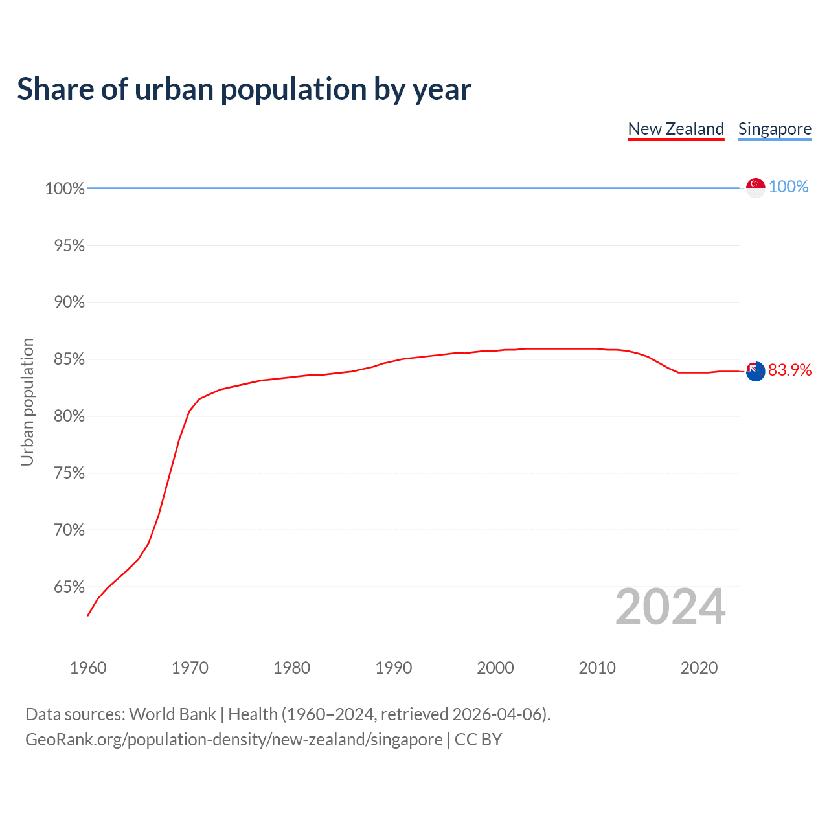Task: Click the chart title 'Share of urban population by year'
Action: coord(244,89)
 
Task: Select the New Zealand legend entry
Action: coord(676,129)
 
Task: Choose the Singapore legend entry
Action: coord(775,129)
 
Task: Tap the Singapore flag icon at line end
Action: coord(755,187)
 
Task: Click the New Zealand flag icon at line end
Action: coord(755,371)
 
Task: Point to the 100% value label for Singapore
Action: coord(788,187)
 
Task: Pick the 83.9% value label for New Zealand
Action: coord(789,370)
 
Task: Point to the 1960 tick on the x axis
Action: coord(88,668)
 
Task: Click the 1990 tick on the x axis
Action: coord(394,668)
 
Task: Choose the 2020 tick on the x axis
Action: coord(699,668)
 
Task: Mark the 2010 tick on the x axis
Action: coord(597,668)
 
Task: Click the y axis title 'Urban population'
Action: coord(27,402)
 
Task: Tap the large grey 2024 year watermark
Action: coord(670,608)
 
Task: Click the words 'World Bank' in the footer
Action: coord(172,714)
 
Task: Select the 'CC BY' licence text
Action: coord(478,740)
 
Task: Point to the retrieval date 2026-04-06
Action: coord(497,714)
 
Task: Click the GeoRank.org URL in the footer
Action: coord(234,740)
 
